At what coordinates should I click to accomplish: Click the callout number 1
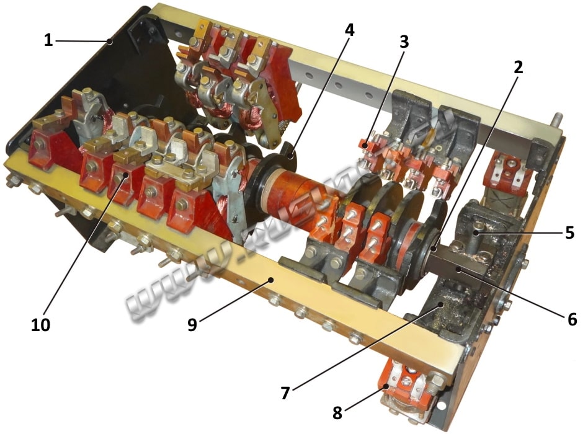coord(48,41)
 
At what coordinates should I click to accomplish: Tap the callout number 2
coord(517,68)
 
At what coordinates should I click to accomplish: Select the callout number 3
coord(404,43)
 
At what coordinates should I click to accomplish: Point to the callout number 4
coord(350,30)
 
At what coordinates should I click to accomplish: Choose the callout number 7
coord(285,392)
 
